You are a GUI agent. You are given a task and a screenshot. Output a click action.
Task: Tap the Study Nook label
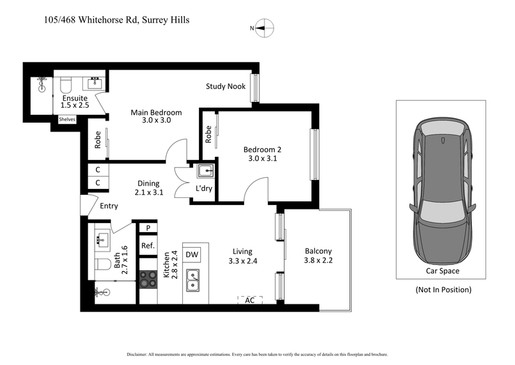[225, 86]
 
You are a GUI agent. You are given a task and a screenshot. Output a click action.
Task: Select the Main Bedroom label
[156, 116]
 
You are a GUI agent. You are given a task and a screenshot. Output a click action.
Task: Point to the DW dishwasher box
[192, 255]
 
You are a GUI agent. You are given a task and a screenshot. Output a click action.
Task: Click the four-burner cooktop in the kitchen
[149, 279]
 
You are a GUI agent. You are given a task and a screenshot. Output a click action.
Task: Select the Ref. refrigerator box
[148, 246]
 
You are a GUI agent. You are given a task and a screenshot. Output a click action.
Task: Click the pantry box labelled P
[148, 228]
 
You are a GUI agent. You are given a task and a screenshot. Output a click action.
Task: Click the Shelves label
[67, 119]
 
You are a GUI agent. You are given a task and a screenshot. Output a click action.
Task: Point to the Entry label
[109, 206]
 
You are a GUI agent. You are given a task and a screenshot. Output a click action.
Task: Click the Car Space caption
[442, 271]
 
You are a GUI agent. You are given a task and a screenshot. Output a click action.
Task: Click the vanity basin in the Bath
[101, 240]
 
